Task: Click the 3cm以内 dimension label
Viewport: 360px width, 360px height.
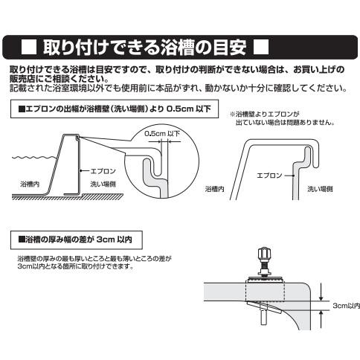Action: [x=343, y=306]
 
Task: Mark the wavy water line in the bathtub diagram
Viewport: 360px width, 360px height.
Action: [x=33, y=158]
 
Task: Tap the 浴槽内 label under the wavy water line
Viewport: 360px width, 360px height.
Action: [x=30, y=181]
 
